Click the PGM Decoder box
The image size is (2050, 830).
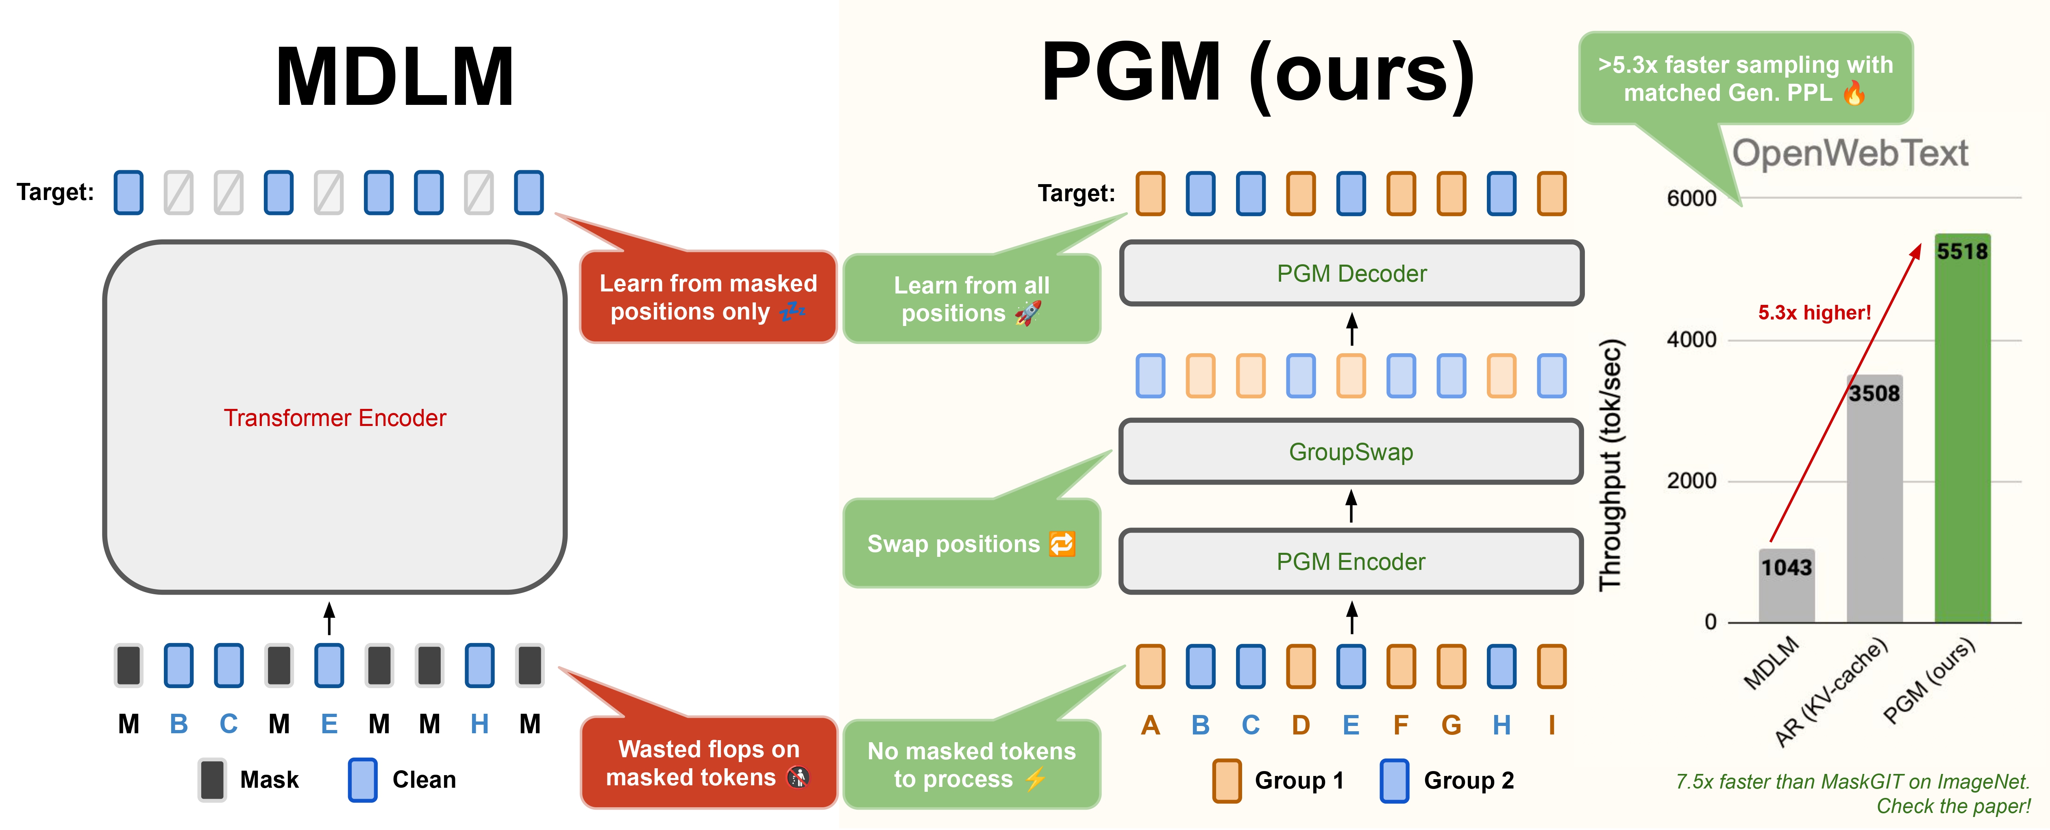click(1351, 273)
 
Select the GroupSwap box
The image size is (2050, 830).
click(1351, 452)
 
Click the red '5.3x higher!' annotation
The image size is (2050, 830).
click(1815, 313)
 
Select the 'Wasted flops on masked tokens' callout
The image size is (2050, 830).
click(708, 763)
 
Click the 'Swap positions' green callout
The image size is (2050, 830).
click(971, 543)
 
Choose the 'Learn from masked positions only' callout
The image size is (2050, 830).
click(708, 297)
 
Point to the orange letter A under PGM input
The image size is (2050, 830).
click(1150, 725)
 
